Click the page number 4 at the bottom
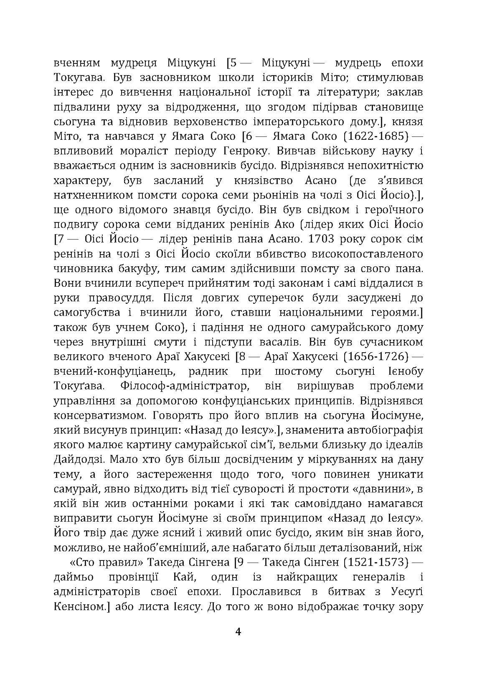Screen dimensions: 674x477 [238, 631]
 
